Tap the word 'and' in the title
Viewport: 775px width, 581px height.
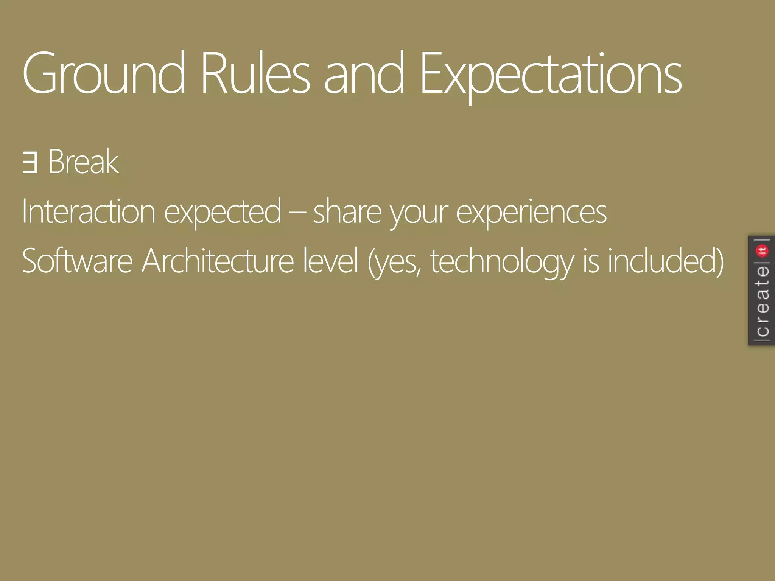tap(364, 74)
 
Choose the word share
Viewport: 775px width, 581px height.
tap(347, 212)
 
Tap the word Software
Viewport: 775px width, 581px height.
tap(77, 261)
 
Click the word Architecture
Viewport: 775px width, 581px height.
tap(218, 261)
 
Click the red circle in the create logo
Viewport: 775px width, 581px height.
tap(762, 250)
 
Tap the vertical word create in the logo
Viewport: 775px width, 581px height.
tap(762, 301)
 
